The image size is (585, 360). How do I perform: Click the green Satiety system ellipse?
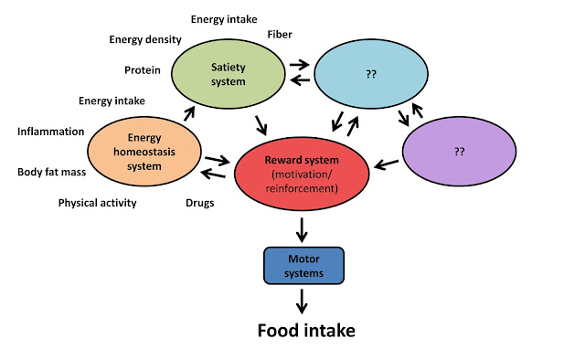coord(229,74)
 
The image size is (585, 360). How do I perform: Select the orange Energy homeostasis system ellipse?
coord(144,151)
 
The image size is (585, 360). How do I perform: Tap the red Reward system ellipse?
coord(302,174)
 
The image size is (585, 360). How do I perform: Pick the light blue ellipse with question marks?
coord(371,74)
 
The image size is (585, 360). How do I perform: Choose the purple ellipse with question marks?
coord(459,151)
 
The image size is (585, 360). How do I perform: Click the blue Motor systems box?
coord(303,266)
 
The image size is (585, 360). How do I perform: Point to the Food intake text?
coord(306,331)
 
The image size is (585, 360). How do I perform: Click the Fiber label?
coord(280,35)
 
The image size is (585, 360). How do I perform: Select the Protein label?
coord(143,70)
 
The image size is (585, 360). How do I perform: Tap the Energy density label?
coord(145,39)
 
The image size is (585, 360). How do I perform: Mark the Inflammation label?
coord(51,132)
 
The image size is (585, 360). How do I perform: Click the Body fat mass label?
coord(51,172)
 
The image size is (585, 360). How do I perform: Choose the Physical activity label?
coord(98,203)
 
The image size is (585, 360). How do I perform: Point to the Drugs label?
coord(200,203)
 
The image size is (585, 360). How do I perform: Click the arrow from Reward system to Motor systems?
coord(302,230)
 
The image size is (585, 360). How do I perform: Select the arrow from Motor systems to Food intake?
coord(302,302)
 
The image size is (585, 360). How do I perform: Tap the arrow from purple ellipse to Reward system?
coord(386,164)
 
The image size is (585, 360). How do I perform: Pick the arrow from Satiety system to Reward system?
coord(261,125)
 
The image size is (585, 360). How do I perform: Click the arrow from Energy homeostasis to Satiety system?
coord(189,113)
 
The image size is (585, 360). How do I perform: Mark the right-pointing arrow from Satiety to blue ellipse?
coord(300,65)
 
